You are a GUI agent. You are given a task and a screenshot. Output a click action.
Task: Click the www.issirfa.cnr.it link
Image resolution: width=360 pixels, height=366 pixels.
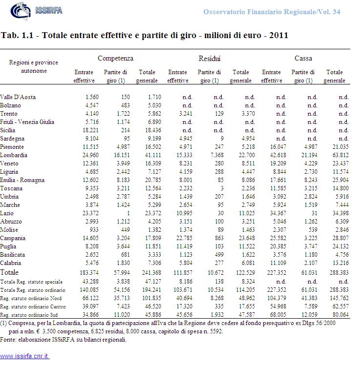pos(24,356)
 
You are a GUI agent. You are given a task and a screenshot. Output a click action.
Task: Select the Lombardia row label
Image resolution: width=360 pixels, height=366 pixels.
pos(14,155)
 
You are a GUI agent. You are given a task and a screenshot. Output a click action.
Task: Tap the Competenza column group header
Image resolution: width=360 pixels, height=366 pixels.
pos(115,59)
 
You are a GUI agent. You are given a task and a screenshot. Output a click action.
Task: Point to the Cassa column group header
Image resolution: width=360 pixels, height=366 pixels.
pos(303,59)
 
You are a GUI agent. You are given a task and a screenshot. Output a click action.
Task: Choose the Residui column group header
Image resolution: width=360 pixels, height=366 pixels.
pos(209,59)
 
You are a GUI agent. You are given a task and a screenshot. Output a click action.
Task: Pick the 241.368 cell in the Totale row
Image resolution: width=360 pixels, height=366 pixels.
pos(147,272)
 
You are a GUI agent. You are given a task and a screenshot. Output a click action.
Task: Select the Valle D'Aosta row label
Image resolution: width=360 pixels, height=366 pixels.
pos(18,97)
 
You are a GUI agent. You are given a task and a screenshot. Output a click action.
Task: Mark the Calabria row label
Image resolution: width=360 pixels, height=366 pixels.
pos(11,263)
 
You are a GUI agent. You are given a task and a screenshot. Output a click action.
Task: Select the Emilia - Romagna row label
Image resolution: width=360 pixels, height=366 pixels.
pos(22,180)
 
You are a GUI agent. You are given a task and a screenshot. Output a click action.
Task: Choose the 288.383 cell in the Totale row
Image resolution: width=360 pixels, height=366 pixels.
pos(339,272)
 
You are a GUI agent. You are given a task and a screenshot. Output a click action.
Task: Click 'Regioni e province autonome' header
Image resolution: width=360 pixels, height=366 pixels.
pos(33,67)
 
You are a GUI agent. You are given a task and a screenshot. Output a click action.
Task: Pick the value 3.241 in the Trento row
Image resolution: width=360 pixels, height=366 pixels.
pos(180,113)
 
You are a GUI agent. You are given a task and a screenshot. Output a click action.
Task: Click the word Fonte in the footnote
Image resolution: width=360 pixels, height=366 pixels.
pos(8,340)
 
